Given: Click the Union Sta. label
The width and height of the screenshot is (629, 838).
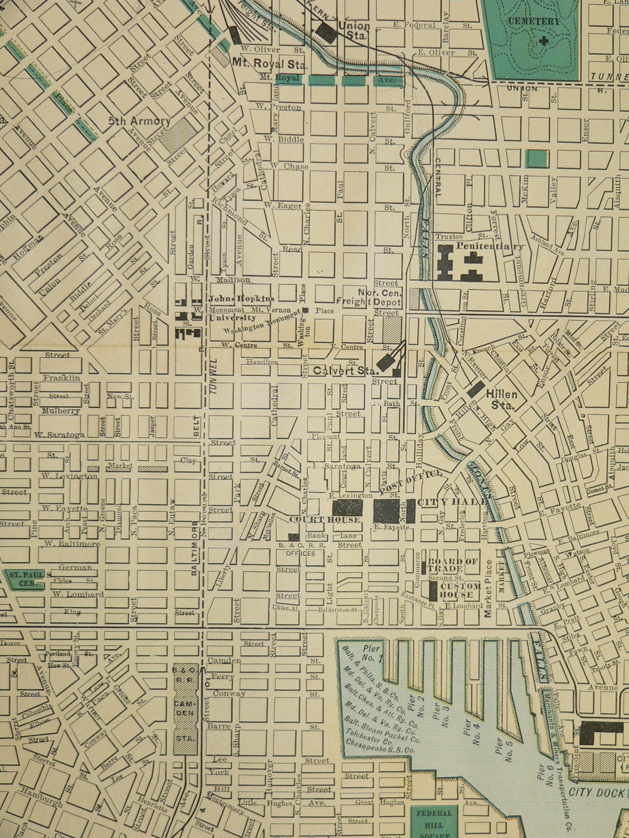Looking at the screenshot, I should (x=353, y=31).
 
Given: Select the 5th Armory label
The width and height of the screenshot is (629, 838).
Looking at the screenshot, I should (x=140, y=121).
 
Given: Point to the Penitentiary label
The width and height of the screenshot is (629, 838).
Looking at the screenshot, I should (x=489, y=246).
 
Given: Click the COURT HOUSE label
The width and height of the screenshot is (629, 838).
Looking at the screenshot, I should (x=325, y=519).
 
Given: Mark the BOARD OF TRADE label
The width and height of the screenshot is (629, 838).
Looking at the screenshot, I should (x=452, y=565).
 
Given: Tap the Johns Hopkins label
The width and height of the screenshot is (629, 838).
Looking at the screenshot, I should (x=241, y=299).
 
